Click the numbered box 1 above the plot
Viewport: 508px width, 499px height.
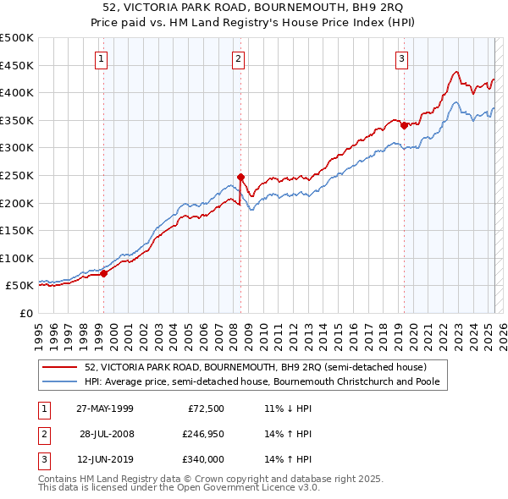[x=102, y=58]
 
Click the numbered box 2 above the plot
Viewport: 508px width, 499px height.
[x=239, y=58]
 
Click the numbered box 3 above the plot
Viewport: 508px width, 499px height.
[x=401, y=58]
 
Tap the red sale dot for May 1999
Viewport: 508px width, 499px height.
[x=104, y=273]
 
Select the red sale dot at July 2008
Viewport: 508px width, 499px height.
[x=240, y=177]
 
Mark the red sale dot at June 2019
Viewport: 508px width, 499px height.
[x=404, y=125]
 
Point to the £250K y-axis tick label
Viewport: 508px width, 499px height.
[x=18, y=175]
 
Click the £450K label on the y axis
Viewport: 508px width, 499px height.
[x=18, y=65]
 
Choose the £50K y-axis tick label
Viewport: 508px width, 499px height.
[x=20, y=286]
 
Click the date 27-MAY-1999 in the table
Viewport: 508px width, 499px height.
[x=105, y=409]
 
